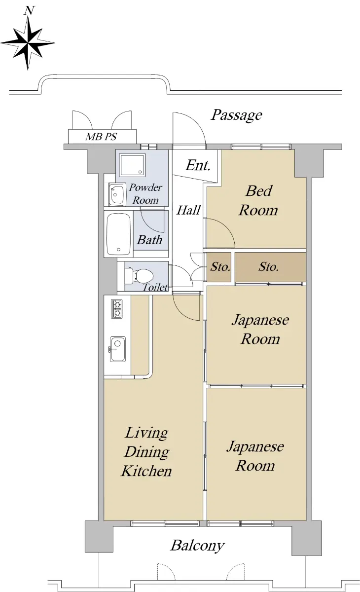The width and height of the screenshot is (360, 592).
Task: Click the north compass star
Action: [28, 43]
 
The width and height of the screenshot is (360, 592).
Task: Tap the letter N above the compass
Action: [29, 10]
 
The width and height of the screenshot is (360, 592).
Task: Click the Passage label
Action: [236, 115]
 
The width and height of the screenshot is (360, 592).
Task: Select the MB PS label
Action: [101, 137]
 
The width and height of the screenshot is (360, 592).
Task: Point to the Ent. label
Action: [198, 166]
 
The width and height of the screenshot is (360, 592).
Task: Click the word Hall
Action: [188, 210]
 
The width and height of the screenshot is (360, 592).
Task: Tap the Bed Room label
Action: [258, 201]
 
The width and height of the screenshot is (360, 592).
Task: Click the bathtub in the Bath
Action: [118, 234]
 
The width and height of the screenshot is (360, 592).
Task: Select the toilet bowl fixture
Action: [139, 275]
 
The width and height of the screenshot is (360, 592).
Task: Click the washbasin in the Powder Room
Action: [117, 194]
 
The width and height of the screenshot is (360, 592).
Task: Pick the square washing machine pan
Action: [132, 165]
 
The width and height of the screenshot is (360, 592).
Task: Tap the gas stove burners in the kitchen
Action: [116, 309]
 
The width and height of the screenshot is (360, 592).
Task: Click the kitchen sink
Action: [117, 349]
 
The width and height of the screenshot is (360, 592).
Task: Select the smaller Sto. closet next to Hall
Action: [219, 267]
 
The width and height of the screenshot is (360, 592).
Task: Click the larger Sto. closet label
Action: [268, 267]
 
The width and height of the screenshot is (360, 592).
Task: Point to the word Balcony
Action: [197, 546]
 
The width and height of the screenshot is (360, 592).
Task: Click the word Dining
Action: [147, 452]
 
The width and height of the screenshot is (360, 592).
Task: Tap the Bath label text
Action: [149, 240]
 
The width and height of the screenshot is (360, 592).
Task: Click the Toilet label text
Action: [155, 287]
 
